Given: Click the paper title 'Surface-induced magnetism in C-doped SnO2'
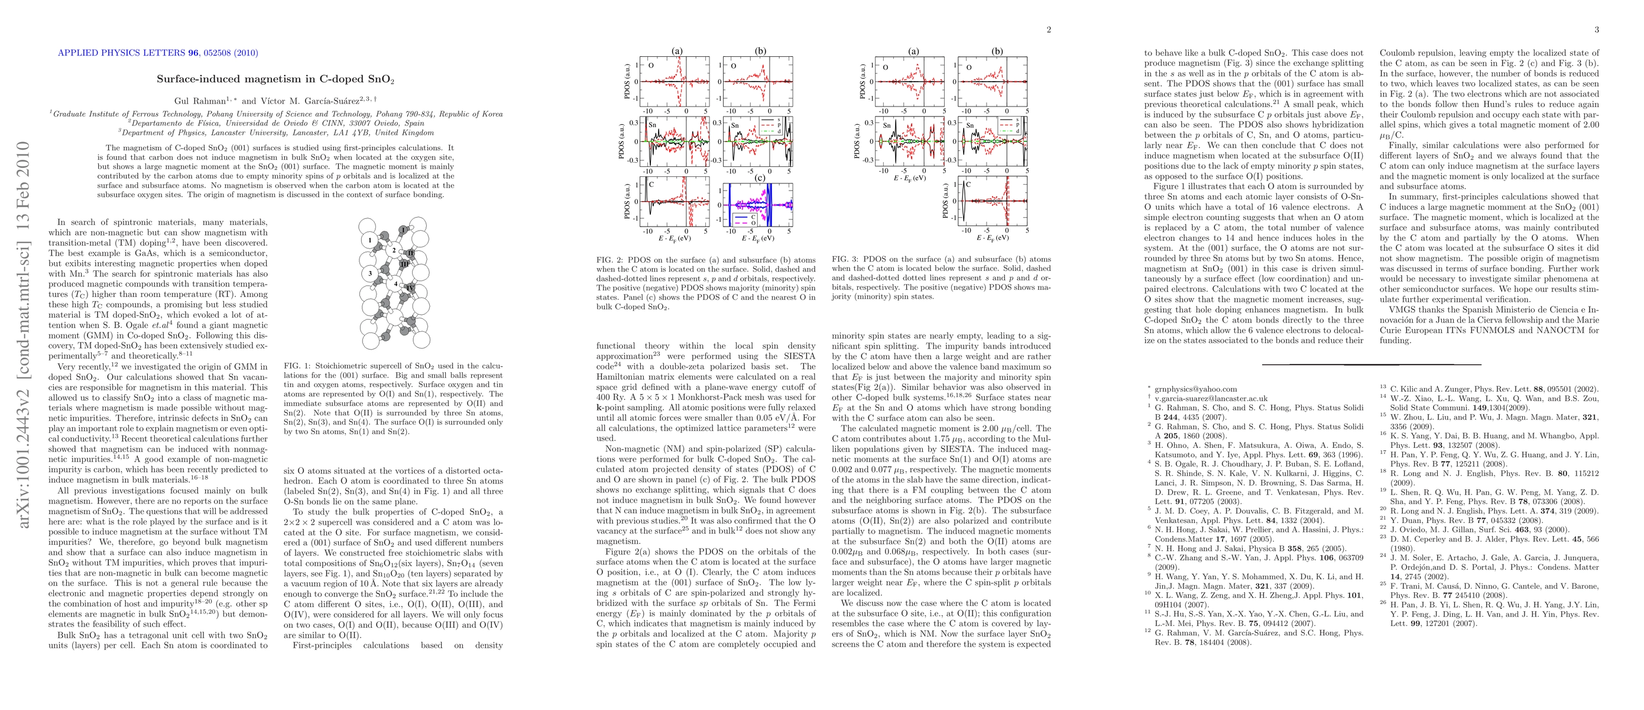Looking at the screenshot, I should pyautogui.click(x=275, y=80).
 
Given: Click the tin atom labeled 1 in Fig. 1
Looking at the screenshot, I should pyautogui.click(x=369, y=241).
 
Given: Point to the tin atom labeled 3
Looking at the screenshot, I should pyautogui.click(x=370, y=274).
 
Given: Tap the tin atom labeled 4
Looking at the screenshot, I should pyautogui.click(x=395, y=283).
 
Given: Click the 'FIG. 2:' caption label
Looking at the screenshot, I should pyautogui.click(x=609, y=260).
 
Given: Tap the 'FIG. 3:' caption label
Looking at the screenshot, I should pyautogui.click(x=845, y=260).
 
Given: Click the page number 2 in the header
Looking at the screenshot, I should pyautogui.click(x=1048, y=30).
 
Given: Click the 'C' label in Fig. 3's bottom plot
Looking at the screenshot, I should pyautogui.click(x=968, y=185).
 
